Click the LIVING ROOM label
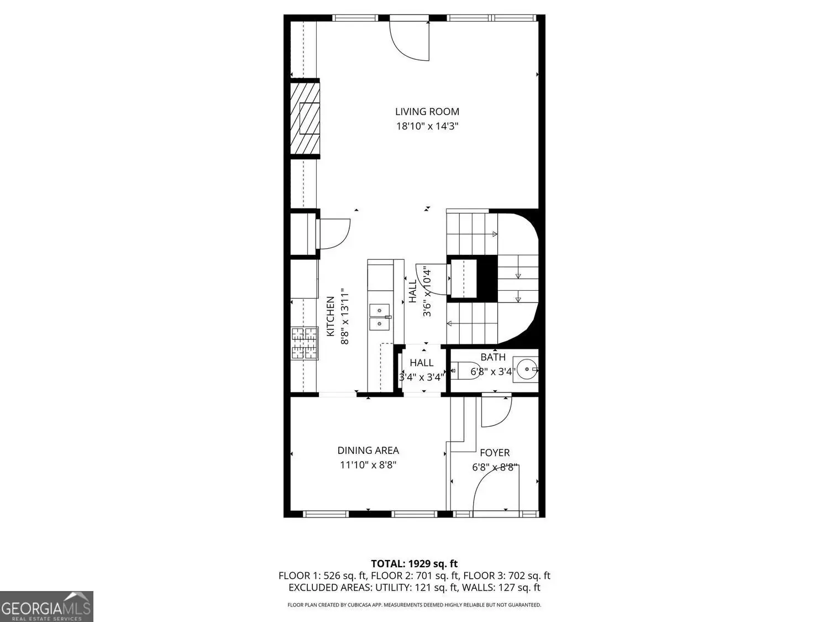(x=427, y=112)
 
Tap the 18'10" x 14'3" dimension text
(x=427, y=126)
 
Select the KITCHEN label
(x=330, y=316)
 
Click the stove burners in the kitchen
(x=304, y=343)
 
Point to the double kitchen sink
(x=380, y=317)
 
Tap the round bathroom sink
(x=527, y=369)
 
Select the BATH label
(x=493, y=357)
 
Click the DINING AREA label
(x=368, y=451)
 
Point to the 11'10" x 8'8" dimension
(x=368, y=465)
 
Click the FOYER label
(x=495, y=453)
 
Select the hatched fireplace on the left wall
(x=305, y=118)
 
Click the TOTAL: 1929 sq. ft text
(x=414, y=564)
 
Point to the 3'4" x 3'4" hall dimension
(x=422, y=377)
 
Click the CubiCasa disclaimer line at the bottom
(x=414, y=605)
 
